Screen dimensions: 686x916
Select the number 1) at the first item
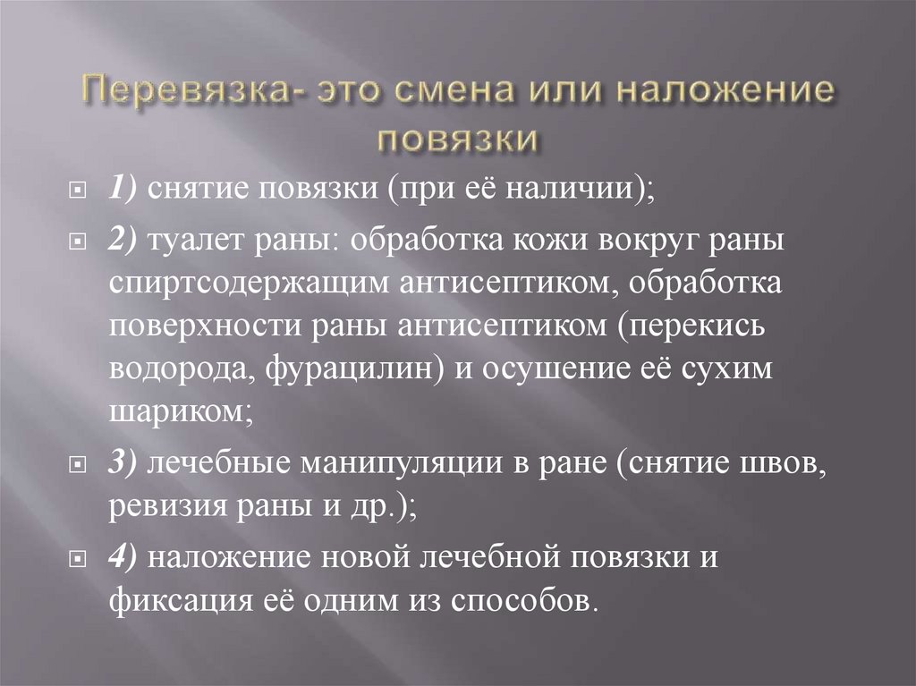coord(124,189)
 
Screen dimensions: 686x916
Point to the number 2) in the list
coord(125,241)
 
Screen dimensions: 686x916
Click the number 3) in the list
coord(124,464)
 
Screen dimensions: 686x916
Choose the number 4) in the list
coord(125,555)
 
